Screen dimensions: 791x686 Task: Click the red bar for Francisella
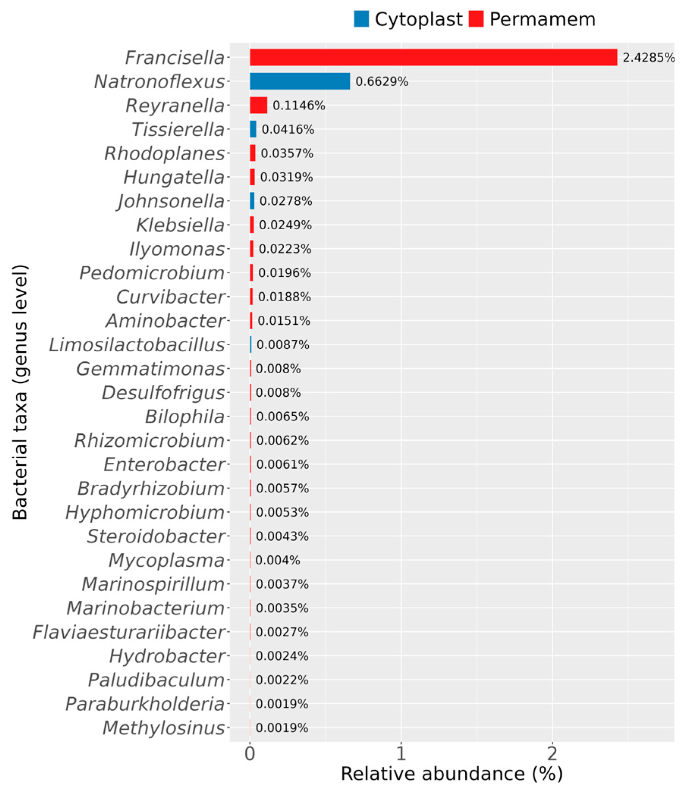(433, 57)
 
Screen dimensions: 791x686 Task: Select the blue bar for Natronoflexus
(300, 81)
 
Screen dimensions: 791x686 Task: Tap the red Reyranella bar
(258, 105)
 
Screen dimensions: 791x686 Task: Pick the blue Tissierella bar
(253, 129)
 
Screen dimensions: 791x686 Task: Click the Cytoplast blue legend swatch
(361, 19)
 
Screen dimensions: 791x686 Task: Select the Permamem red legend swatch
(476, 19)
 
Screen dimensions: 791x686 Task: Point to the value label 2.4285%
(648, 58)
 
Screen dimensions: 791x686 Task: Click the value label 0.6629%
(381, 81)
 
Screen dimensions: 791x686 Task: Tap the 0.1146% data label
(298, 105)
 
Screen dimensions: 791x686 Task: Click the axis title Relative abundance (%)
(452, 774)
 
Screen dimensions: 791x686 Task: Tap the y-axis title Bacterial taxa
(20, 392)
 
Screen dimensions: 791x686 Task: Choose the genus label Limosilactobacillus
(137, 345)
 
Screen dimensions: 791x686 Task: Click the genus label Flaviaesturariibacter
(129, 632)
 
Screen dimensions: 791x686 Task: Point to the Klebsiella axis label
(180, 225)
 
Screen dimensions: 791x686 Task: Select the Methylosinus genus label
(163, 728)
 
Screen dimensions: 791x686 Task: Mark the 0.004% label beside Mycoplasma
(278, 560)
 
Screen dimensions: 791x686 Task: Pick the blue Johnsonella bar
(252, 201)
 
